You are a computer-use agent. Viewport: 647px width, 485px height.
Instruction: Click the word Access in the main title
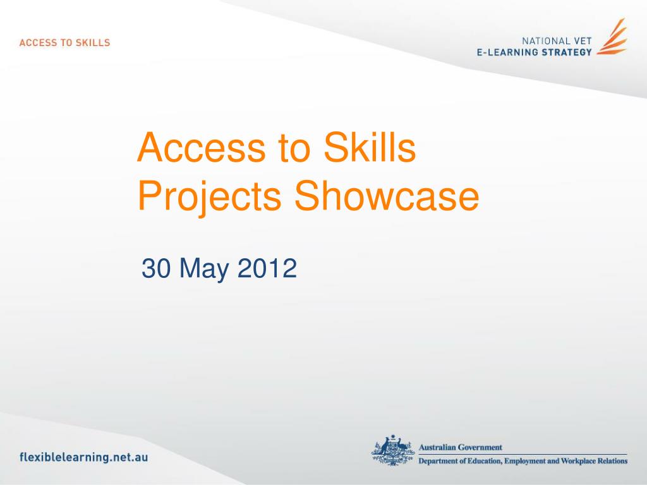pos(201,147)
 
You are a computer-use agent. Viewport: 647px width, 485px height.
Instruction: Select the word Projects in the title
pos(209,197)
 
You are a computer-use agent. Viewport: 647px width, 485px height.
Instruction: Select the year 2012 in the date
pos(267,268)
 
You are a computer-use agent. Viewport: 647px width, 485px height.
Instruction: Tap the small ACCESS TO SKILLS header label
pos(65,42)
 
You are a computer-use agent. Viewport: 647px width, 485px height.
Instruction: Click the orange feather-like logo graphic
pos(612,37)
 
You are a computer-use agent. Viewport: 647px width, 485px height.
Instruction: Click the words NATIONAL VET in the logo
pos(557,41)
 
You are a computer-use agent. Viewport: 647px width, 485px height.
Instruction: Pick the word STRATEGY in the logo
pos(567,52)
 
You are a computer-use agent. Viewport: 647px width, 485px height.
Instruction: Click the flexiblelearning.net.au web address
pos(84,457)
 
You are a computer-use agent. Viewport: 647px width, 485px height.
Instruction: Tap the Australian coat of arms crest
pos(392,450)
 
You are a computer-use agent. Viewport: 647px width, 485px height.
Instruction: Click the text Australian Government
pos(461,447)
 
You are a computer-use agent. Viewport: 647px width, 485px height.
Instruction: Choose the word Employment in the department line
pos(525,461)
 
